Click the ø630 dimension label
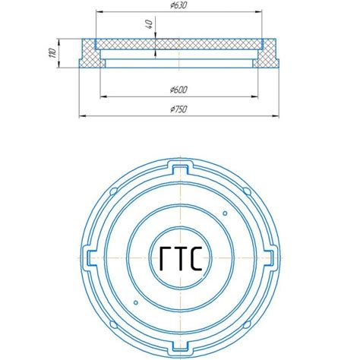(178, 5)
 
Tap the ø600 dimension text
(178, 90)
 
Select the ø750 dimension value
(178, 109)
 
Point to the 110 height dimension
(53, 53)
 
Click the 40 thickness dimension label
(150, 24)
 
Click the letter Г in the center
(166, 258)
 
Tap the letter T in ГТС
(181, 258)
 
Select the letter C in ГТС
(196, 258)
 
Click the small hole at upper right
(225, 213)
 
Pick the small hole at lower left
(136, 302)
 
